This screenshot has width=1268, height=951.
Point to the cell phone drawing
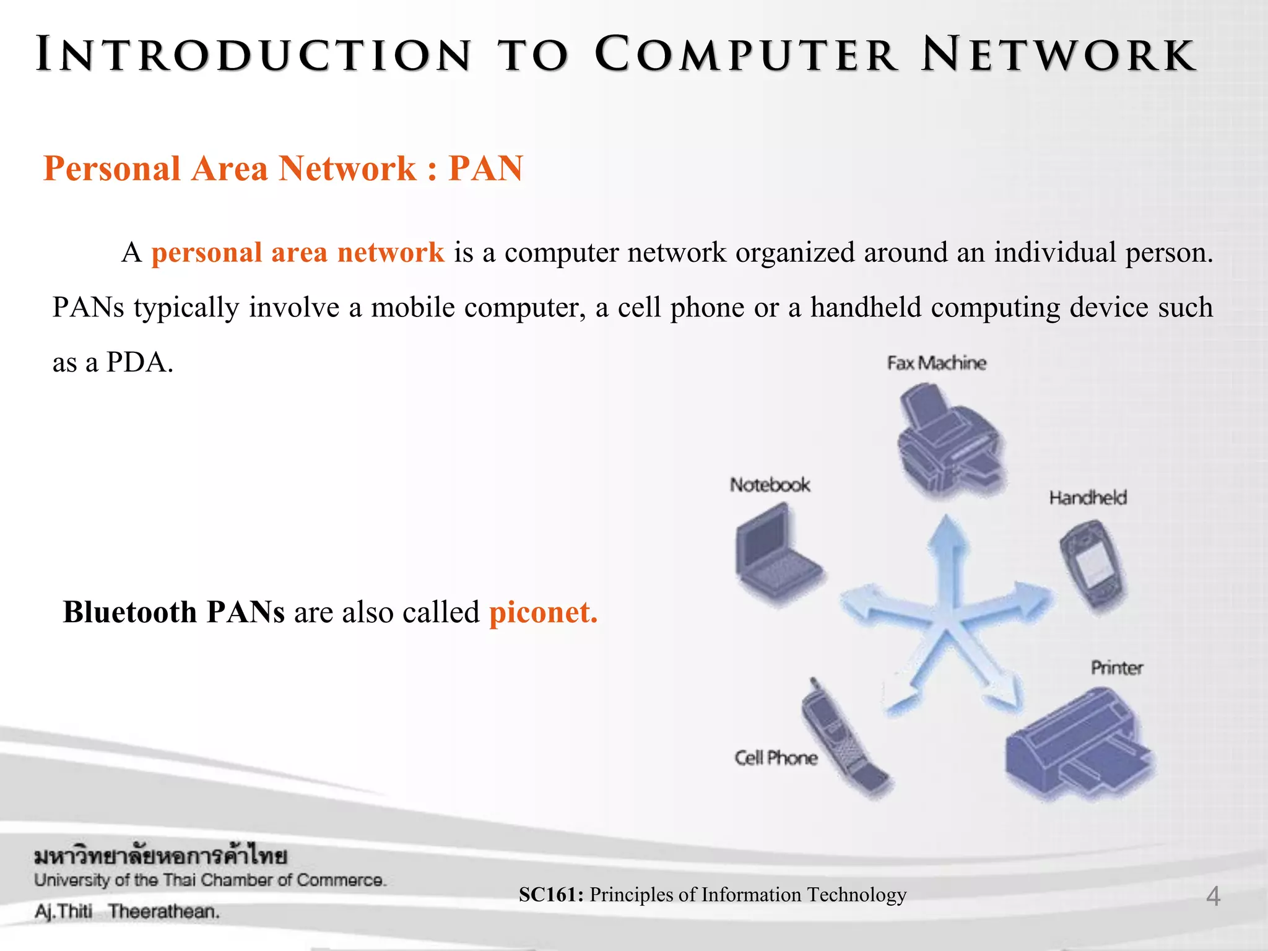(843, 737)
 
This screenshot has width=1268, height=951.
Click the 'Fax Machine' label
(936, 363)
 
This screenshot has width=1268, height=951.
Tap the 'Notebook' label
(770, 485)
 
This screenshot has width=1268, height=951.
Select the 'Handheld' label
(1087, 498)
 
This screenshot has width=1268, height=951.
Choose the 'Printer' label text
(1116, 668)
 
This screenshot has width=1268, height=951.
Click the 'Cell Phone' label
(776, 758)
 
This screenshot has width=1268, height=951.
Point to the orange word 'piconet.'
(543, 612)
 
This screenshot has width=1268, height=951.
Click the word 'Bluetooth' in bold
(130, 612)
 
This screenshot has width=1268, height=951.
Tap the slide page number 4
(1213, 897)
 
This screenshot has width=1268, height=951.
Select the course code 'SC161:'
(551, 895)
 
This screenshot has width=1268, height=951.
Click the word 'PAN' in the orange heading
(486, 168)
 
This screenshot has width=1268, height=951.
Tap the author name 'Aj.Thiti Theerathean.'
(127, 911)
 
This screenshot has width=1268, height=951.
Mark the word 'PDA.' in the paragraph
(140, 362)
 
